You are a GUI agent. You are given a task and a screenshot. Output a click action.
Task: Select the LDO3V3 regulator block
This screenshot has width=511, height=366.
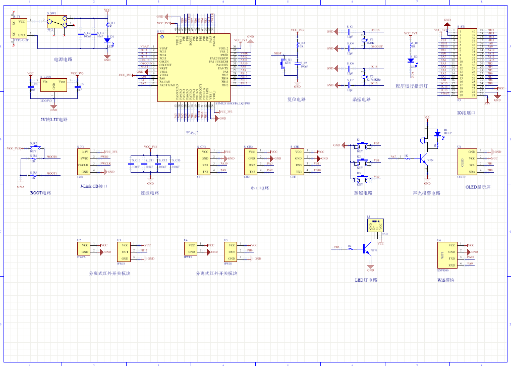pyautogui.click(x=54, y=87)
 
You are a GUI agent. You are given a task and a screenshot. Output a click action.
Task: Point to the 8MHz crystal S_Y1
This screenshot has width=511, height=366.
pyautogui.click(x=364, y=40)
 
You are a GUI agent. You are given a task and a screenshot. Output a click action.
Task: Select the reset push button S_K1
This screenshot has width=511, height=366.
pyautogui.click(x=283, y=63)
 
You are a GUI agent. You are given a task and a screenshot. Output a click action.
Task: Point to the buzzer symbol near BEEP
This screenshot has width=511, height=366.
pyautogui.click(x=422, y=138)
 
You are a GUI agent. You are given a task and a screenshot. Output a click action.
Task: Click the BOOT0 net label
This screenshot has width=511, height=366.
pyautogui.click(x=52, y=157)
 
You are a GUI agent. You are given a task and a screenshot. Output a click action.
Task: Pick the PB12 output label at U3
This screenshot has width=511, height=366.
pyautogui.click(x=143, y=250)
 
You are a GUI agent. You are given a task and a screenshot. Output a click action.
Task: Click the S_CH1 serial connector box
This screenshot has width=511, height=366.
pyautogui.click(x=203, y=162)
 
